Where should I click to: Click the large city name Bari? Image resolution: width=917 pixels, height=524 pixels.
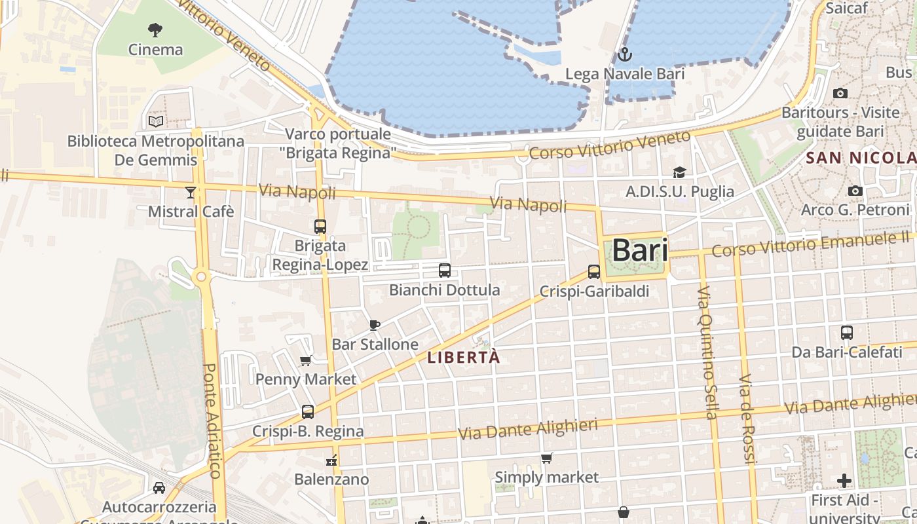(x=639, y=251)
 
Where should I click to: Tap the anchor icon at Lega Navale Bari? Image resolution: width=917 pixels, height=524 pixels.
(x=624, y=54)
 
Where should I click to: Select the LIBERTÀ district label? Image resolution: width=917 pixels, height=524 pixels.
(x=463, y=358)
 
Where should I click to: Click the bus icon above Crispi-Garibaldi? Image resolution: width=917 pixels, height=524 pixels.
(x=594, y=271)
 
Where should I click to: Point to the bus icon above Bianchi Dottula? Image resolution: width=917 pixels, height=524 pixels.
(x=445, y=270)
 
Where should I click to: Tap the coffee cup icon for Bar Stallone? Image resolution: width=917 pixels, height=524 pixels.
(x=375, y=325)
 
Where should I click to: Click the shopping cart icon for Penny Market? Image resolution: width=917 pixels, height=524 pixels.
(x=305, y=360)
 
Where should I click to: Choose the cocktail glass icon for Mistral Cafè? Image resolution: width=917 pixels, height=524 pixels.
(x=191, y=192)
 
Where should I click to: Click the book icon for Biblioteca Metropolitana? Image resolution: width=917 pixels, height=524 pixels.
(x=156, y=121)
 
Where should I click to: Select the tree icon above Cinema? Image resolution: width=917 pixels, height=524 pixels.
(x=155, y=29)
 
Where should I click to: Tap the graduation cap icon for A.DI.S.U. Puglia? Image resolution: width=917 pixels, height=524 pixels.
(x=679, y=172)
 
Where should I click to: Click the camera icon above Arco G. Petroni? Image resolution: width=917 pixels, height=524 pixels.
(x=855, y=191)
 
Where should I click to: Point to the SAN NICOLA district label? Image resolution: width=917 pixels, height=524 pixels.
(x=861, y=158)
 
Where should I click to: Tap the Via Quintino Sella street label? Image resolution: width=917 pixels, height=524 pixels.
(x=707, y=352)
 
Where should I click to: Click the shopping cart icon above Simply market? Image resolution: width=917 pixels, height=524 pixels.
(x=546, y=458)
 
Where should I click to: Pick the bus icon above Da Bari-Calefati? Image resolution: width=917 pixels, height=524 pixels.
(x=847, y=333)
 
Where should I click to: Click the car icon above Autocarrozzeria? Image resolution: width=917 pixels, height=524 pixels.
(x=159, y=488)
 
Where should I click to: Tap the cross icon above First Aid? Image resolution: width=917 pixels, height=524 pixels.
(x=844, y=481)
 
